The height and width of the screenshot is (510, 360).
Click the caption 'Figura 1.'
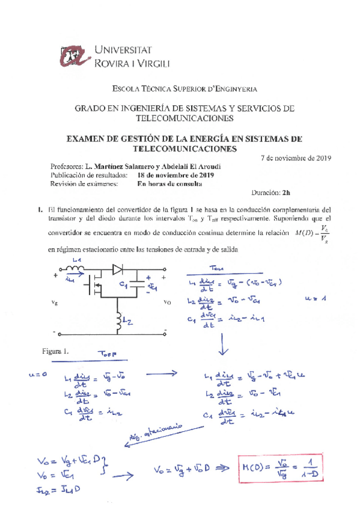56,351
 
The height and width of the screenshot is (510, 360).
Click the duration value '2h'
285,192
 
